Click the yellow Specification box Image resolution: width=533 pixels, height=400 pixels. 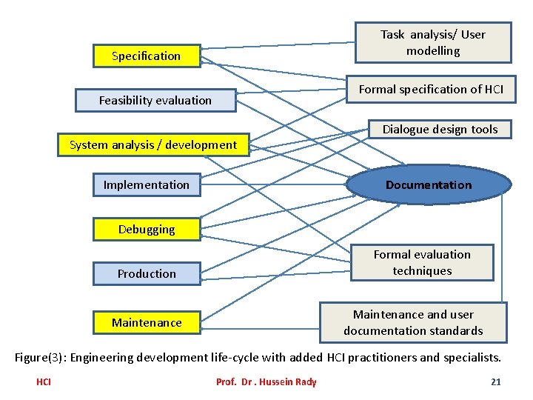[x=147, y=56]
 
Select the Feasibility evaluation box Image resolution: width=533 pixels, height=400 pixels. [x=155, y=101]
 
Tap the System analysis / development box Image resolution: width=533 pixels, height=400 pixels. [x=153, y=145]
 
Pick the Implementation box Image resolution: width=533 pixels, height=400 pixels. [x=147, y=185]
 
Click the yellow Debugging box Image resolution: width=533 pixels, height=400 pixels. [x=147, y=230]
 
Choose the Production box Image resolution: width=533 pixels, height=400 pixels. [x=147, y=274]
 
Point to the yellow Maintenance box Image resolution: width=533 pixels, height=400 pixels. [x=147, y=323]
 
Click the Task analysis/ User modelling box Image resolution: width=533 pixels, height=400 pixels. [x=433, y=43]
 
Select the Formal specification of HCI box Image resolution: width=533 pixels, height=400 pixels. [x=431, y=90]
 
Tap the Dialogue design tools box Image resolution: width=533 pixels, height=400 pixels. [x=440, y=130]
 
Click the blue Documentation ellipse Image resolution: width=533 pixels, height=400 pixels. [x=429, y=185]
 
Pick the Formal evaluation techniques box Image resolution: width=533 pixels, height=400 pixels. [x=422, y=263]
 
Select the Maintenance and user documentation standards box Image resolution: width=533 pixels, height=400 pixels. [x=413, y=323]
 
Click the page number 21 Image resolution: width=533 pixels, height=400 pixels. [x=496, y=382]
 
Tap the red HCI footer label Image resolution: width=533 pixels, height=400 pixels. [x=44, y=382]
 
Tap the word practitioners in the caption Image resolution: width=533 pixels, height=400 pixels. [x=381, y=358]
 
